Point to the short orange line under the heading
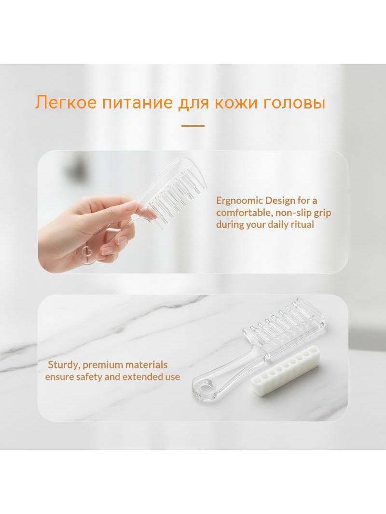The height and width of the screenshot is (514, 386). (193, 125)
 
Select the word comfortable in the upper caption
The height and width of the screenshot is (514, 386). (244, 213)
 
